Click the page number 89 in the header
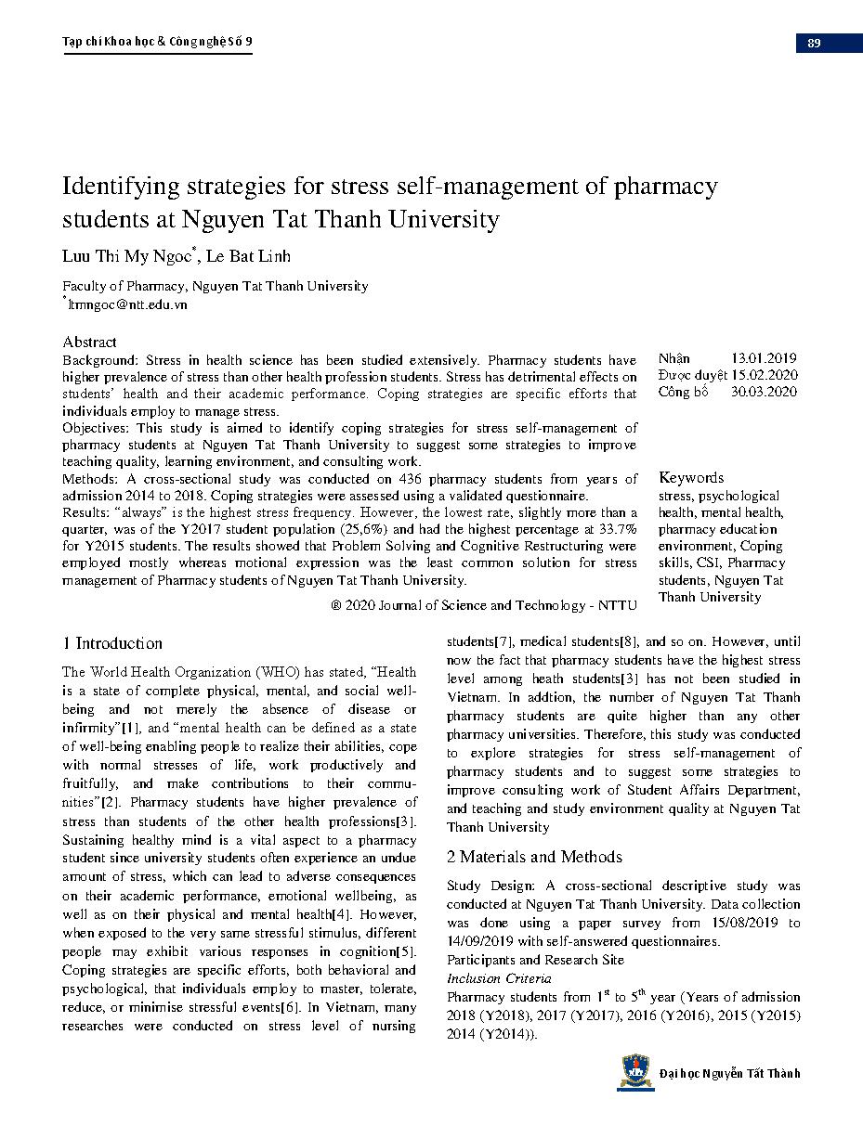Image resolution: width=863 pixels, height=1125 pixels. (814, 43)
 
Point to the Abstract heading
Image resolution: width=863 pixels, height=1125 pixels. (90, 342)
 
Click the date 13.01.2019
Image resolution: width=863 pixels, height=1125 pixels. (764, 358)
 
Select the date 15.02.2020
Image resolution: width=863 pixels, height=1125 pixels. (764, 375)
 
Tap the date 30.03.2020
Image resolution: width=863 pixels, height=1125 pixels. (764, 392)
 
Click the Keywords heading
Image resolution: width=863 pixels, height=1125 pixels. (691, 477)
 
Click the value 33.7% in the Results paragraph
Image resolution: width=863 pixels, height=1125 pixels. (618, 529)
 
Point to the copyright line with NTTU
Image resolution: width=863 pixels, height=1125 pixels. (483, 605)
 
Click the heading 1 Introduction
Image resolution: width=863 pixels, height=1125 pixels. (112, 643)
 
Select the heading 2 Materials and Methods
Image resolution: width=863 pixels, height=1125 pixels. (534, 857)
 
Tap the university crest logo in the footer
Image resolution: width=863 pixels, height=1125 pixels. (635, 1072)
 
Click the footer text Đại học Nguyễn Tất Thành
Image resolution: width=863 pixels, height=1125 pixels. (729, 1074)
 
